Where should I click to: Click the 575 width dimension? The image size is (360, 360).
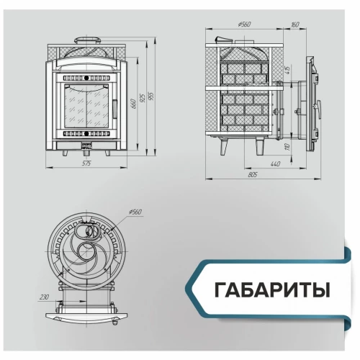(x=86, y=164)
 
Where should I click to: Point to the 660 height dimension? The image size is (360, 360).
(x=132, y=104)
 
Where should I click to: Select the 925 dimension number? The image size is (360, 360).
(x=143, y=96)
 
